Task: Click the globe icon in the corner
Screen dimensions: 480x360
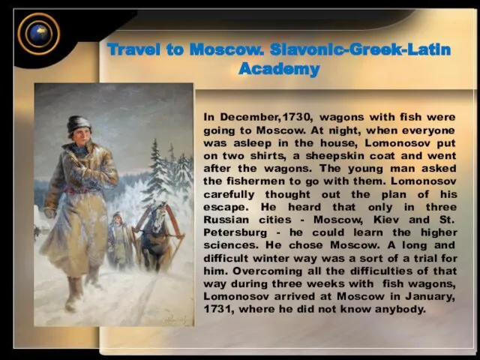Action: [38, 34]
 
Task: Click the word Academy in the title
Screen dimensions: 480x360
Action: [279, 69]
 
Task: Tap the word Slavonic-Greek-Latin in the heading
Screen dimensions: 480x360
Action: [360, 49]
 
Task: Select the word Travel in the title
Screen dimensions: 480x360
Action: [133, 49]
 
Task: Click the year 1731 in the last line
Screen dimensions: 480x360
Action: [217, 309]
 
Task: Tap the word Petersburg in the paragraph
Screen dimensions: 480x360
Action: [235, 232]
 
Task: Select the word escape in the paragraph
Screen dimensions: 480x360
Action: [225, 208]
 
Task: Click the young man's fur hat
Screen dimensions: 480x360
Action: [79, 124]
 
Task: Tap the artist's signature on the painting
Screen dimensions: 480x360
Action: [175, 319]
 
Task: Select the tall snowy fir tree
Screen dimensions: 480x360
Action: [157, 172]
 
